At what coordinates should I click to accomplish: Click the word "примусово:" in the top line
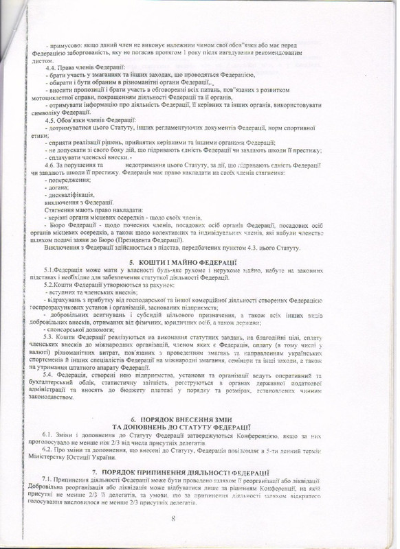pyautogui.click(x=65, y=44)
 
